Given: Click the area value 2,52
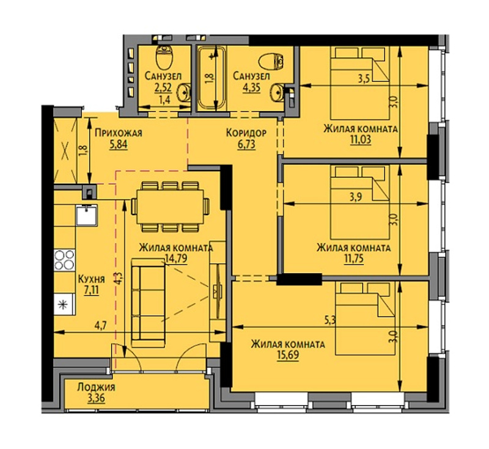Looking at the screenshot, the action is click(163, 87).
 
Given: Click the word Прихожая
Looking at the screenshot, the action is click(119, 133).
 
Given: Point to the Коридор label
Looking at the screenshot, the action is click(246, 133).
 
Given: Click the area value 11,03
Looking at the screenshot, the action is click(361, 140).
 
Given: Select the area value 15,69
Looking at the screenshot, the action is click(288, 355).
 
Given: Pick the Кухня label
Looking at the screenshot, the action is click(91, 279).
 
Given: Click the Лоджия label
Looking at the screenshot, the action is click(97, 387).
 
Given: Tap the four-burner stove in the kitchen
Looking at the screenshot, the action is click(65, 260).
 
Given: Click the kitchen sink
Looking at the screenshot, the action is click(86, 214).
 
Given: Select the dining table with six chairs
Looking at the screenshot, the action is click(171, 206).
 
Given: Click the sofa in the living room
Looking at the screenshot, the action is click(148, 302).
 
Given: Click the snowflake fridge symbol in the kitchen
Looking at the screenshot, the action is click(64, 304).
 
